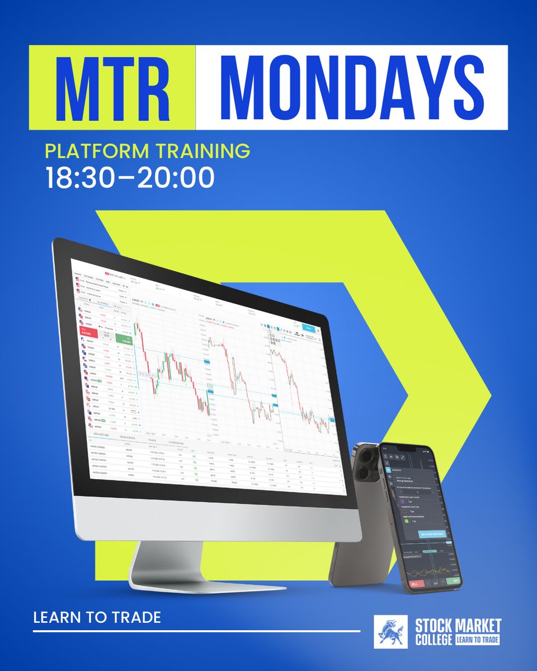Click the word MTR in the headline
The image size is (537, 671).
coord(111,87)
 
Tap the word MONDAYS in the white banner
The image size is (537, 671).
coord(351,87)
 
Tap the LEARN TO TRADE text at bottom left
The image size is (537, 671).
coord(97,617)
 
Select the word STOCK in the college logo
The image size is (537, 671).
coord(434,625)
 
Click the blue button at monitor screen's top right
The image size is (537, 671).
coord(308,329)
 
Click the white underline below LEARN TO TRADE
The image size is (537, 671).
coord(196,631)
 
